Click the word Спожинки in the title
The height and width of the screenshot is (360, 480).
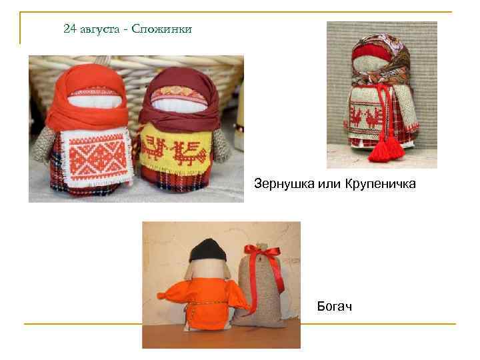coord(163,29)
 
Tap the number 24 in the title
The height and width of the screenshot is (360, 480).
coord(70,29)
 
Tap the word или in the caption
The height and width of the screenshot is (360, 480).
coord(323,182)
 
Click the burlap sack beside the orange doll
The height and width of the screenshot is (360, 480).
coord(261,293)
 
